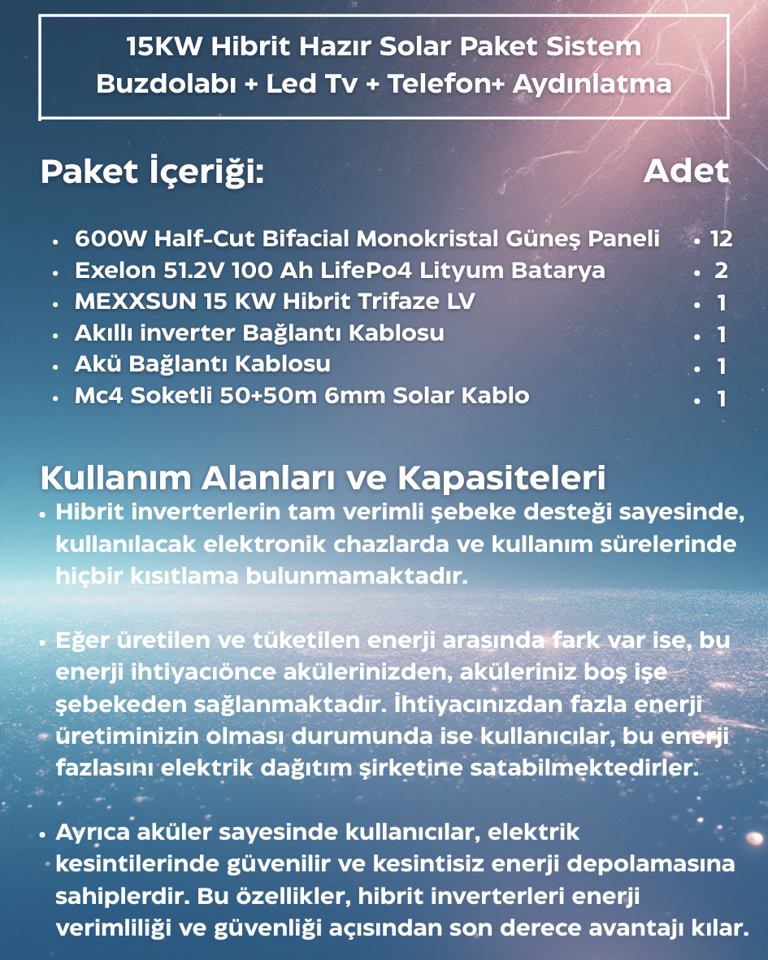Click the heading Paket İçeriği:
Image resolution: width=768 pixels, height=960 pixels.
(152, 172)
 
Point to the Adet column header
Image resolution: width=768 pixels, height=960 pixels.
(686, 172)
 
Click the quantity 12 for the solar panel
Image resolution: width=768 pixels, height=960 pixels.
(721, 239)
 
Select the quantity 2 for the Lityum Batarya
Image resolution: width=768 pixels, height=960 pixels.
(721, 271)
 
